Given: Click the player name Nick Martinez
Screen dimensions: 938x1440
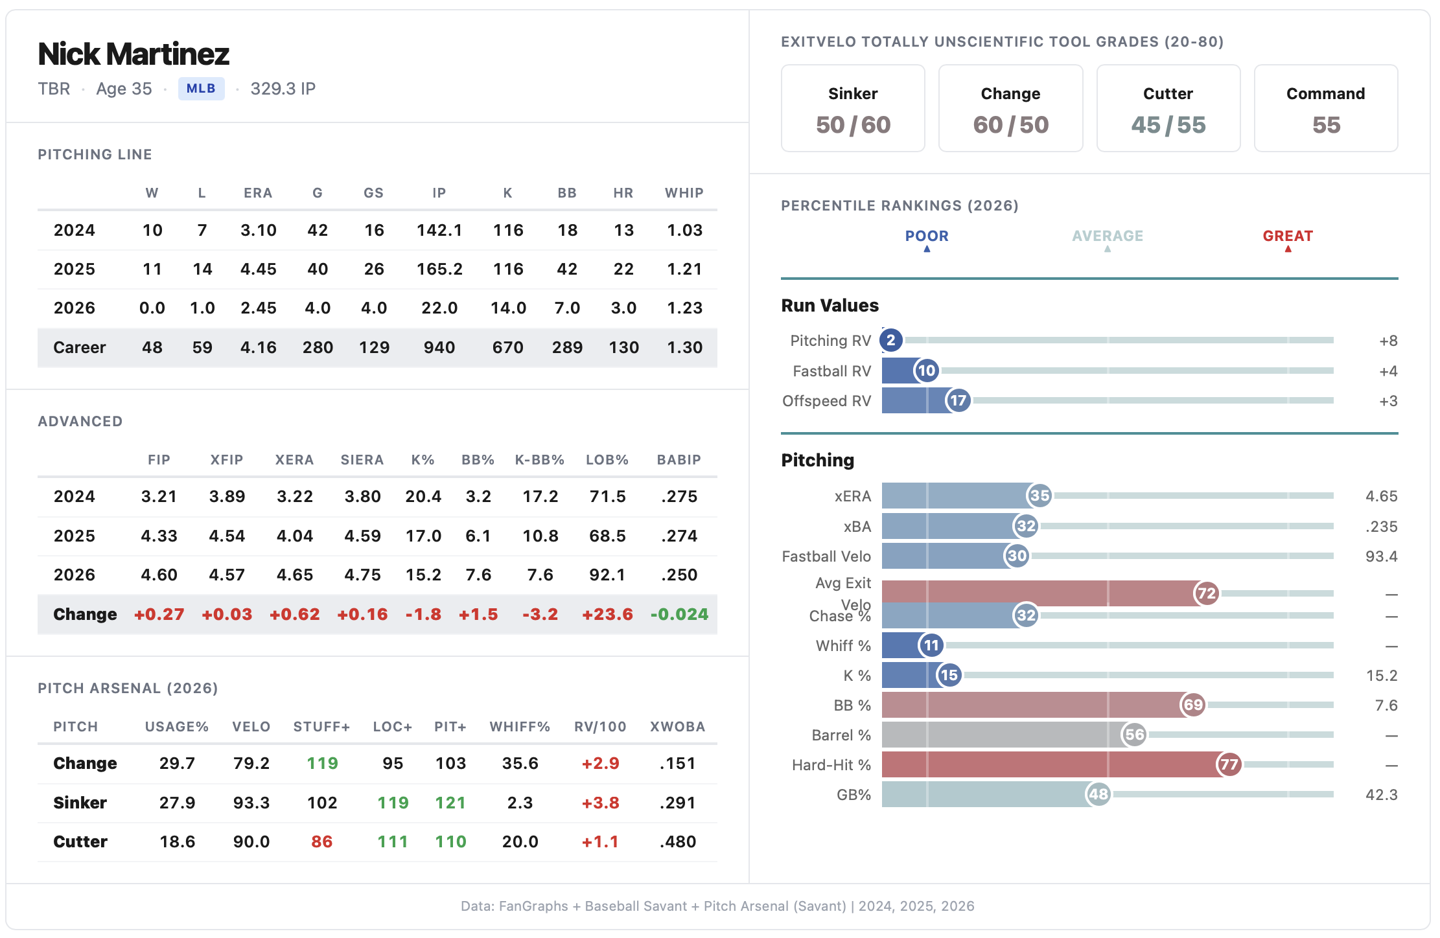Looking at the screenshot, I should click(x=134, y=54).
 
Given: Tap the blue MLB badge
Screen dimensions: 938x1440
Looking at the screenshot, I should click(x=201, y=89).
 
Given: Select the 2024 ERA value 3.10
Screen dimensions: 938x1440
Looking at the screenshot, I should click(x=258, y=230).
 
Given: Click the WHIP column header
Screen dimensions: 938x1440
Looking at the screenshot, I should click(x=684, y=193).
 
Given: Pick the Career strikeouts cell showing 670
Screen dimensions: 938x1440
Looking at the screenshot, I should click(x=507, y=348).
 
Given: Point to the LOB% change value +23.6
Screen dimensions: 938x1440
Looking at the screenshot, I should click(x=607, y=614).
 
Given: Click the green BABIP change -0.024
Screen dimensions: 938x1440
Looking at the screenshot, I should click(x=679, y=614).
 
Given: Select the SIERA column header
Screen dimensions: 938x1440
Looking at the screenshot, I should click(x=362, y=460).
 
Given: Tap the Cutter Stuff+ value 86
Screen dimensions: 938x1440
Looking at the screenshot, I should click(x=321, y=841).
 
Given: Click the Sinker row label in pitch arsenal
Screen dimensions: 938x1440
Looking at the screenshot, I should click(x=80, y=803).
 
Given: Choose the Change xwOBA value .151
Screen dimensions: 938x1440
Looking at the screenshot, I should click(x=677, y=763).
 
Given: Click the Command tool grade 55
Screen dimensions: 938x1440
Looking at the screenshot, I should click(x=1325, y=124).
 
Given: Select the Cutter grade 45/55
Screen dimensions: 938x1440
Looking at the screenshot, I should click(x=1168, y=124).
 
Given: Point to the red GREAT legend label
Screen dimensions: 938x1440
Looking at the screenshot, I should click(x=1287, y=236).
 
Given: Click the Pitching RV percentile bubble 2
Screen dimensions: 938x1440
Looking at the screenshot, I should click(x=890, y=340).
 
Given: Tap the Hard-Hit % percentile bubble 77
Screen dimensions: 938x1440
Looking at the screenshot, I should click(x=1229, y=764).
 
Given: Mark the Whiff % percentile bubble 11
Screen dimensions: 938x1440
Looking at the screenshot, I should click(x=931, y=645).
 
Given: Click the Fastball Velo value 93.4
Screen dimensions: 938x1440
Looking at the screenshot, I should click(x=1381, y=556).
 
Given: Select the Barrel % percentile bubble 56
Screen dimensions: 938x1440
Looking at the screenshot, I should click(x=1134, y=735).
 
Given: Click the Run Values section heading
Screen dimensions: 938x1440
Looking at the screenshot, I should click(x=830, y=306).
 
